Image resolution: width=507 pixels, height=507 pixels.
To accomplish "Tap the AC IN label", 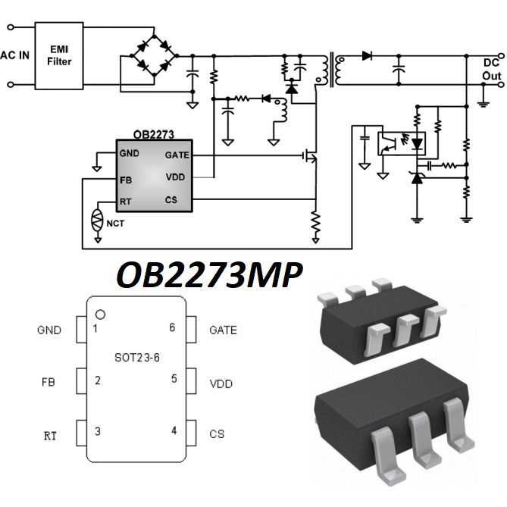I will click(15, 55).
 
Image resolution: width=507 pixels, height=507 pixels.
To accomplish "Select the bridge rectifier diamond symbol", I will click(154, 55).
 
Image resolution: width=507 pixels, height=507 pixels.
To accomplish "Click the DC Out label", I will click(491, 69).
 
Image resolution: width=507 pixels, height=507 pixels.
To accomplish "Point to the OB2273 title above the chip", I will click(153, 135).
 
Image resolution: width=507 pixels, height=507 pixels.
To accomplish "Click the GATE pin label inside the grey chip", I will click(176, 154).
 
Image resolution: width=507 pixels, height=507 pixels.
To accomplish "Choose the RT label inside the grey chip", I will click(126, 202).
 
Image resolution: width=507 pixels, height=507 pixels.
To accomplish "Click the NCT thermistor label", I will click(116, 224).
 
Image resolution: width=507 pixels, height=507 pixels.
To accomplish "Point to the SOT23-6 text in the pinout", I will click(137, 357).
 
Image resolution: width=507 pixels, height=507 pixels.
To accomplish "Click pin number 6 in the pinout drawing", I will click(173, 328).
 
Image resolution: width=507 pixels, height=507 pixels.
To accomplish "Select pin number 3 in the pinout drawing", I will click(96, 430).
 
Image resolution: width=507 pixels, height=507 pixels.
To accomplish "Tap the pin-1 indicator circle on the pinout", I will click(99, 314).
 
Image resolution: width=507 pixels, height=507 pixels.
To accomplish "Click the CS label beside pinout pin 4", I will click(216, 434).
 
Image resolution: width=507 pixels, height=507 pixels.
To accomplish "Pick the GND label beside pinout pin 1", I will click(49, 330).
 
